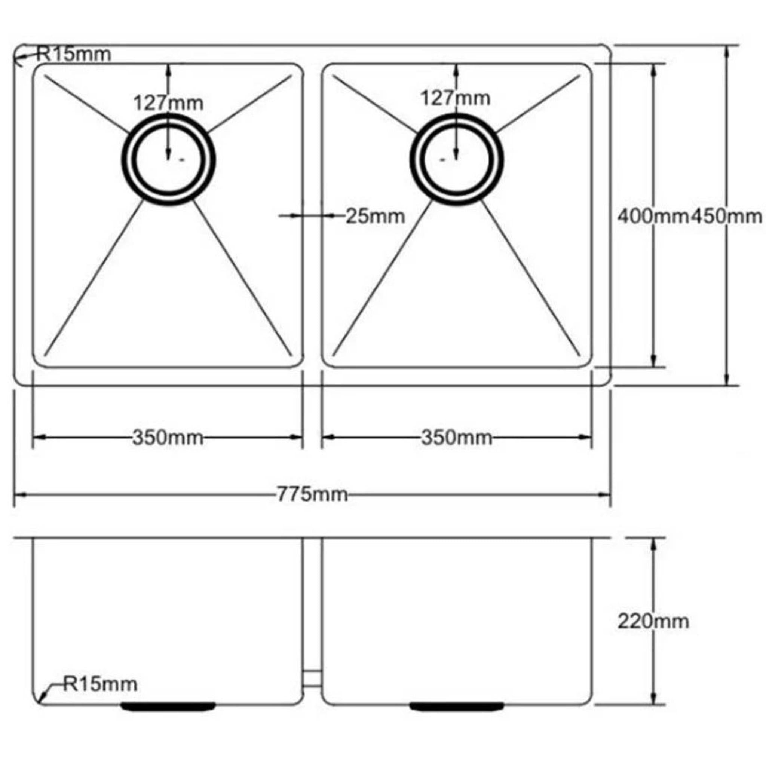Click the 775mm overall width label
click(312, 494)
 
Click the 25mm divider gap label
click(375, 217)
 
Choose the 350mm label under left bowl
click(167, 438)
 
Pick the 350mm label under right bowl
click(456, 438)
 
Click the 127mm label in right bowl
click(455, 98)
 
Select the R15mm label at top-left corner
click(74, 54)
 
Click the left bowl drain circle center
click(169, 159)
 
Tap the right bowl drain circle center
click(457, 159)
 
